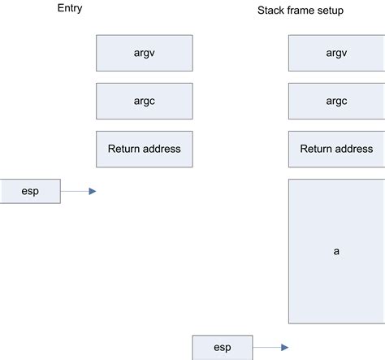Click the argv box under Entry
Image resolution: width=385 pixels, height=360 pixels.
[144, 53]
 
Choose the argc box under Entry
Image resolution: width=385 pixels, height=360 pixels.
[144, 101]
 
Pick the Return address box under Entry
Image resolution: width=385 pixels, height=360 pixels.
[144, 149]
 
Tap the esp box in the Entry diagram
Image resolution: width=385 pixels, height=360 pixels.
[30, 191]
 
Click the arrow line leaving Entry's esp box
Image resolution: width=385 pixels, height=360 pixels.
[74, 191]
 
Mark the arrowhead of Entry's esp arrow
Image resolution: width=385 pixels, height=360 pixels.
[93, 191]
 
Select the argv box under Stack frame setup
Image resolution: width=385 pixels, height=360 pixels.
[336, 53]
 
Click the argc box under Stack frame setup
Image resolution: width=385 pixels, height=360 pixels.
[336, 101]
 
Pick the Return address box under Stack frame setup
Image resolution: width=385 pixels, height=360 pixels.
[336, 149]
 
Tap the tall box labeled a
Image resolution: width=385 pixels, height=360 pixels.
[336, 251]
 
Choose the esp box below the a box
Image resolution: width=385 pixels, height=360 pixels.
[223, 347]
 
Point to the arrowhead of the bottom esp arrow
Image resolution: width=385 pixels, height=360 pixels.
[284, 347]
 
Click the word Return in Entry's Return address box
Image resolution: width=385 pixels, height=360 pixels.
[124, 149]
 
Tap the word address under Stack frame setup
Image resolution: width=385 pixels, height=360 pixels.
[355, 149]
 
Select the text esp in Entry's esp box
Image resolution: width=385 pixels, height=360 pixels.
[30, 191]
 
